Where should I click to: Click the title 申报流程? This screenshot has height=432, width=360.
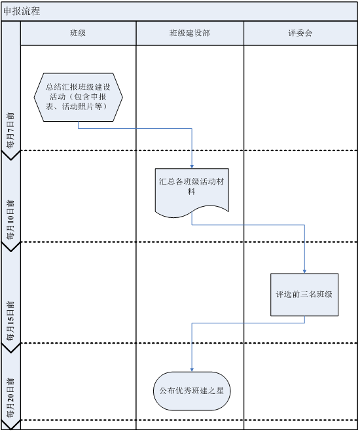pyautogui.click(x=22, y=11)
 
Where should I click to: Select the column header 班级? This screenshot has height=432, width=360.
pyautogui.click(x=78, y=33)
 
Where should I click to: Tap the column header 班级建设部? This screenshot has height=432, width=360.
pyautogui.click(x=190, y=33)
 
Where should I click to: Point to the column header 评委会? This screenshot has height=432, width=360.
pyautogui.click(x=300, y=33)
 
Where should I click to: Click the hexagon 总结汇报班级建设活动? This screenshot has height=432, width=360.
pyautogui.click(x=79, y=98)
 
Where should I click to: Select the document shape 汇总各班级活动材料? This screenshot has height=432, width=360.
pyautogui.click(x=192, y=192)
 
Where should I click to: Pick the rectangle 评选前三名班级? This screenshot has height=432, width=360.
pyautogui.click(x=304, y=295)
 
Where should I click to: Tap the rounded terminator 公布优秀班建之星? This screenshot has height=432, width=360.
pyautogui.click(x=192, y=391)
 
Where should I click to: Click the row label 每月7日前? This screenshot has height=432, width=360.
pyautogui.click(x=10, y=130)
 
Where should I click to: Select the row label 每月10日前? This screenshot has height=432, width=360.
pyautogui.click(x=10, y=219)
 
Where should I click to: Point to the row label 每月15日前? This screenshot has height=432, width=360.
pyautogui.click(x=10, y=321)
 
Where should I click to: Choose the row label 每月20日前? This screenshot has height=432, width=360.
pyautogui.click(x=10, y=397)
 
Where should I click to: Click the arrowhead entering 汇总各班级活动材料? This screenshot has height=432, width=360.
pyautogui.click(x=192, y=167)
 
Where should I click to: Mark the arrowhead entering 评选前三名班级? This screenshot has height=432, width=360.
pyautogui.click(x=304, y=272)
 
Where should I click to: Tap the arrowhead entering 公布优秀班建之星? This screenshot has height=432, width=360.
pyautogui.click(x=192, y=370)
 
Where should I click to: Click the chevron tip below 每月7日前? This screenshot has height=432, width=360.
pyautogui.click(x=10, y=160)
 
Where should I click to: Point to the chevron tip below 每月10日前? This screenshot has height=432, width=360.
pyautogui.click(x=10, y=251)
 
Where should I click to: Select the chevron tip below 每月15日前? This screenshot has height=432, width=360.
pyautogui.click(x=10, y=353)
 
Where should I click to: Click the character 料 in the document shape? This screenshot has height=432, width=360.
pyautogui.click(x=192, y=191)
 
